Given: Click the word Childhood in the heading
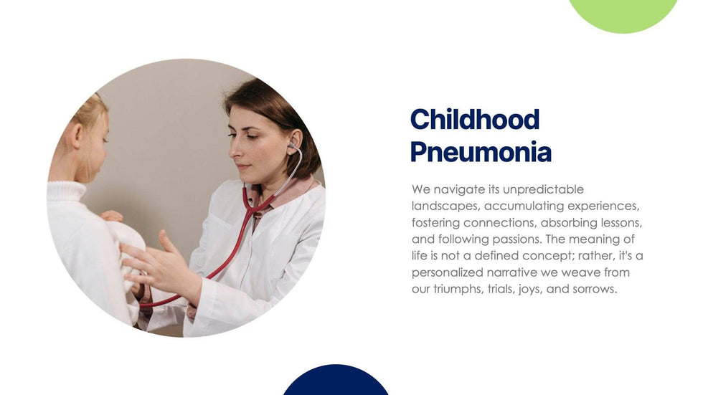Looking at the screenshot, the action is [x=475, y=120].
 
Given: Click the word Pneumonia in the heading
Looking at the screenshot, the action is [x=481, y=152].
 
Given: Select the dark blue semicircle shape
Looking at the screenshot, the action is [x=336, y=381].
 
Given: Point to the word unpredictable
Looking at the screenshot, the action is [x=544, y=189].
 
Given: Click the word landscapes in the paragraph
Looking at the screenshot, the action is [x=445, y=206].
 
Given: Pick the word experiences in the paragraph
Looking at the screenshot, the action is [x=603, y=206].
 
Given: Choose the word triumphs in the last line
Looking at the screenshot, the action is [x=461, y=290].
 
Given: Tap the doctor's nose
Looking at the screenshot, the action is [x=234, y=152].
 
